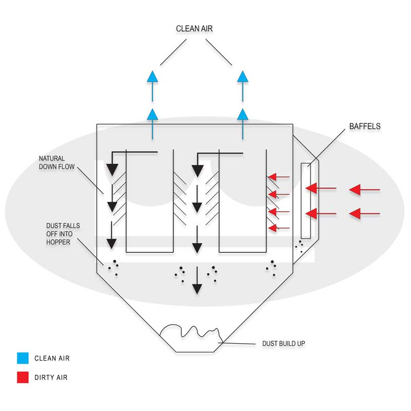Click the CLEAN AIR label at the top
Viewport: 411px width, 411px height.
[194, 29]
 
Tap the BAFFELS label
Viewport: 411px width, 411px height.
[365, 126]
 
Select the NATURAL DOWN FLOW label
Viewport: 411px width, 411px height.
[57, 162]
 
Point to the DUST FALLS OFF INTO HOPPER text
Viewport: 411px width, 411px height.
[63, 234]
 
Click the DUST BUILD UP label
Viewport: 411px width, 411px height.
[284, 343]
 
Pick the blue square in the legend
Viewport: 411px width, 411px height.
[23, 358]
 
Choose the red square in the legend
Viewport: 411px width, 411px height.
[23, 377]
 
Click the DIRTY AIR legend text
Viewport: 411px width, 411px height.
[51, 378]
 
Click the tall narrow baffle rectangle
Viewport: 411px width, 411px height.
[306, 201]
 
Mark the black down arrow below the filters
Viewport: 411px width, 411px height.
[197, 280]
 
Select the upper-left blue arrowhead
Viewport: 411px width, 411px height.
[153, 77]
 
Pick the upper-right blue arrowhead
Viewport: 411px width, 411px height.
[242, 77]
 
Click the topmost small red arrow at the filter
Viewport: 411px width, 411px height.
[279, 177]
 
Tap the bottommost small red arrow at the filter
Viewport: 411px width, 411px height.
[279, 228]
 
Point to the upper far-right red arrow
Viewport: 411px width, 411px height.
[365, 190]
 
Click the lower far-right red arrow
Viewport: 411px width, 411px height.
[365, 214]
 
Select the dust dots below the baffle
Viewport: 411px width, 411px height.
[300, 246]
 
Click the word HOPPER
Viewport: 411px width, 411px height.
[58, 242]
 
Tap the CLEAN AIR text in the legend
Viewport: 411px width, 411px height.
[52, 358]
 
